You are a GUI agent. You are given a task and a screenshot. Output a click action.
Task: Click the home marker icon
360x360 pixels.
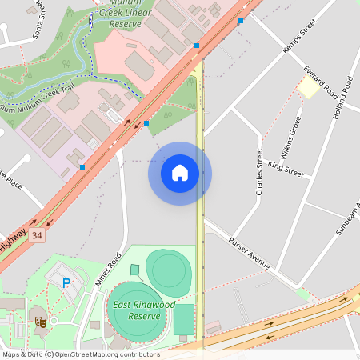[x=180, y=173]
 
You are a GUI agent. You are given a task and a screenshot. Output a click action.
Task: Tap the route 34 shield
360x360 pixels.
[x=37, y=235]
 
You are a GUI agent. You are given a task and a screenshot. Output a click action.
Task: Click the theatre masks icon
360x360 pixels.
[x=39, y=322]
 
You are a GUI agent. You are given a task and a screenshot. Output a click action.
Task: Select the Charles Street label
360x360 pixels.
[x=258, y=172]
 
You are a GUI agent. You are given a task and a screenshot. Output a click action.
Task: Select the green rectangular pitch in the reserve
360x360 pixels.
[x=183, y=320]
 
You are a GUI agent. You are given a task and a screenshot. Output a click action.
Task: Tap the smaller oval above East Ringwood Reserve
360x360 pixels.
[x=169, y=270]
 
